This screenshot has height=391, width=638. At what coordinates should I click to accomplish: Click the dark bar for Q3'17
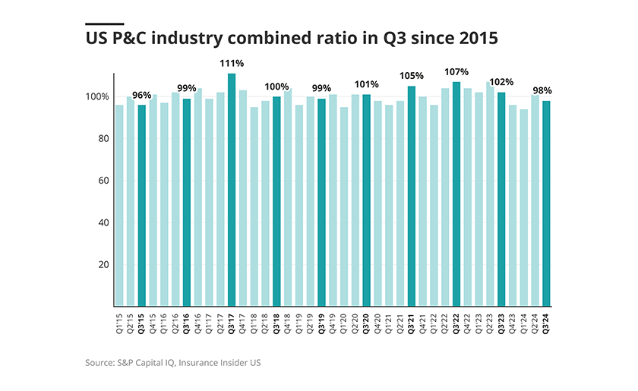pos(232,190)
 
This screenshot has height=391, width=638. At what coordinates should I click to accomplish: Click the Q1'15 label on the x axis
pos(119,323)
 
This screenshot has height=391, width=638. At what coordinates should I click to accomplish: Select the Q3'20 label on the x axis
pos(367,324)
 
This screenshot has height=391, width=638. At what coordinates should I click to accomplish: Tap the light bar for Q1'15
pos(119,206)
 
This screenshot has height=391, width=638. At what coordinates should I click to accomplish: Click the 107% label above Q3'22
pos(456,72)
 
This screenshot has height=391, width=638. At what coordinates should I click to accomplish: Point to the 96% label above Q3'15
pos(142,96)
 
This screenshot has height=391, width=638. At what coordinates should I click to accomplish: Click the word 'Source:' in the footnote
pos(101,363)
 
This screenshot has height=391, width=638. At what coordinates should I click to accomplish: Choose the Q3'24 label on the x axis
pos(546,324)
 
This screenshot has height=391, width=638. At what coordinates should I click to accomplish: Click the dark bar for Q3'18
pos(276,201)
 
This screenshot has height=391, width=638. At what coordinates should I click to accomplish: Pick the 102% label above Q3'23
pos(502,82)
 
